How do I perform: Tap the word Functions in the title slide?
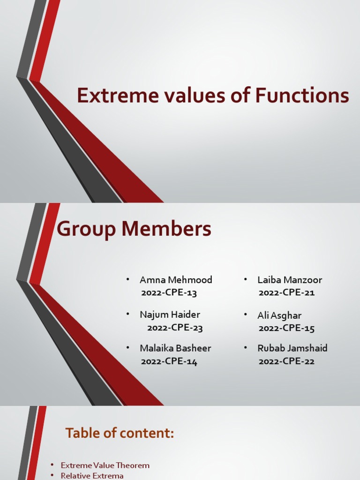[x=302, y=96]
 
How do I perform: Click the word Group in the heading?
[x=86, y=230]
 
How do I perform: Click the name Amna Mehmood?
[x=176, y=280]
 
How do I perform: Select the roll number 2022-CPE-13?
[x=169, y=293]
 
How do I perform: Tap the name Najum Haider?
[x=170, y=315]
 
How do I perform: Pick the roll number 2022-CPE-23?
[x=175, y=328]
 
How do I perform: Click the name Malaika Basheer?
[x=175, y=348]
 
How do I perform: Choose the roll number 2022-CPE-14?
[x=169, y=361]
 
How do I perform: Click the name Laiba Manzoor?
[x=290, y=280]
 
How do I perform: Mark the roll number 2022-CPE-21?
[x=286, y=293]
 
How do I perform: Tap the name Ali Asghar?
[x=279, y=315]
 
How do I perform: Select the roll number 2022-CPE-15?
[x=286, y=328]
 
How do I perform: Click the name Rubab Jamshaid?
[x=292, y=348]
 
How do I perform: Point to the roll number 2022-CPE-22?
[x=286, y=361]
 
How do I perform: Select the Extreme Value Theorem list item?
[x=105, y=465]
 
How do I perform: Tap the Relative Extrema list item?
[x=92, y=476]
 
